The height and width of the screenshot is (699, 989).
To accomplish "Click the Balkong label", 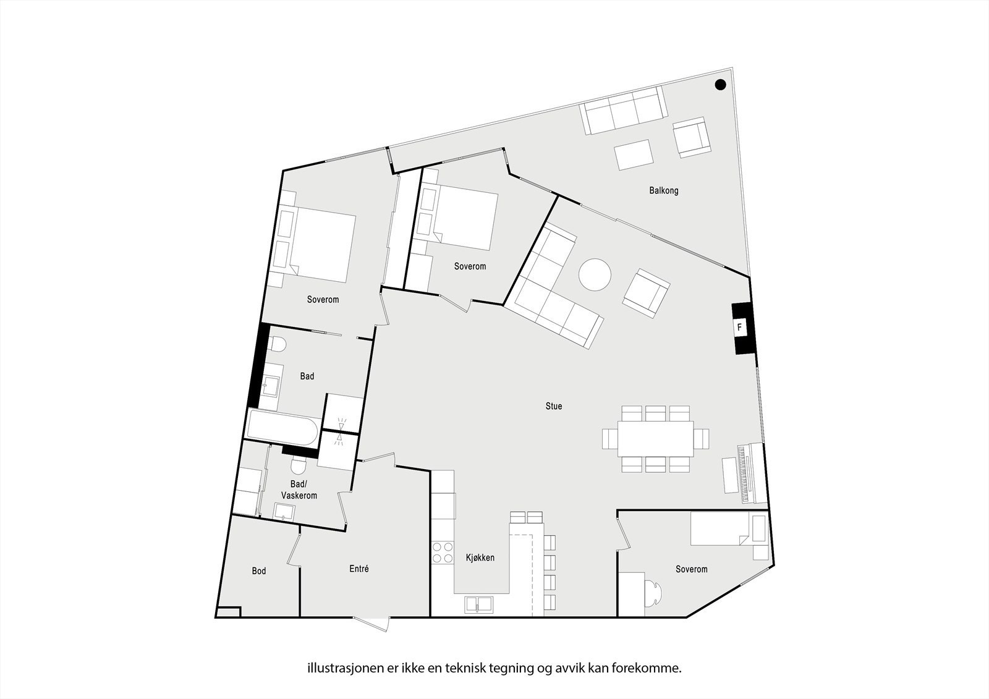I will [x=663, y=190].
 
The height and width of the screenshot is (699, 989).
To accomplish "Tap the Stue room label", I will [x=553, y=406].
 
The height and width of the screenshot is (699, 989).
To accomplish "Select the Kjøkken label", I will [x=480, y=557].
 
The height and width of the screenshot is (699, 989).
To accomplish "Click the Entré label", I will [x=359, y=569].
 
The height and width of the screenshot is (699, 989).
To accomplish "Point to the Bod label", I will [x=258, y=570].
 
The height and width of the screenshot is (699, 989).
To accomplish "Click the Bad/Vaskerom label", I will [x=299, y=490].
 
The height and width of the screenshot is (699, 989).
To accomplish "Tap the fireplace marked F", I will [x=739, y=328].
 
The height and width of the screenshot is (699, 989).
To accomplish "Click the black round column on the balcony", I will [x=720, y=85].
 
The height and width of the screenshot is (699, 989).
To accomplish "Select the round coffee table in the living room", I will [x=595, y=274].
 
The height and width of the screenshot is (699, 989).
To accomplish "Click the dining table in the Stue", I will [x=655, y=439].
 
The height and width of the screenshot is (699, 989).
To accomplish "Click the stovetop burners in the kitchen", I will [x=442, y=553].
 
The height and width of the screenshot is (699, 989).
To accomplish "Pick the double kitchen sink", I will [x=478, y=604].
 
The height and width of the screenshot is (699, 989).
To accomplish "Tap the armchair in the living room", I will [x=646, y=293].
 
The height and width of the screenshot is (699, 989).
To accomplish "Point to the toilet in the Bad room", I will [x=276, y=344].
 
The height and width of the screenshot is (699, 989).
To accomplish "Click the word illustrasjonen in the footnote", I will [x=335, y=667].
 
